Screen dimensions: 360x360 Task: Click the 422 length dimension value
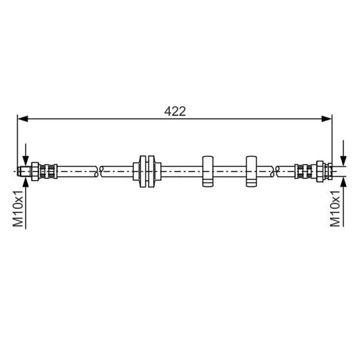click(175, 111)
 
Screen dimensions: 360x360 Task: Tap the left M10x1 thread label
click(18, 208)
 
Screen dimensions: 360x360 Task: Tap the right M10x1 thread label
click(335, 208)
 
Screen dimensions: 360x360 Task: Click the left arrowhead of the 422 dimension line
click(23, 119)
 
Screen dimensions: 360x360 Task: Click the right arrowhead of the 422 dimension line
click(327, 119)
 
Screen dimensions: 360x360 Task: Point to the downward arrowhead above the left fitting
click(26, 161)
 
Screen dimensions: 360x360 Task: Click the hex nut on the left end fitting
click(35, 171)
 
